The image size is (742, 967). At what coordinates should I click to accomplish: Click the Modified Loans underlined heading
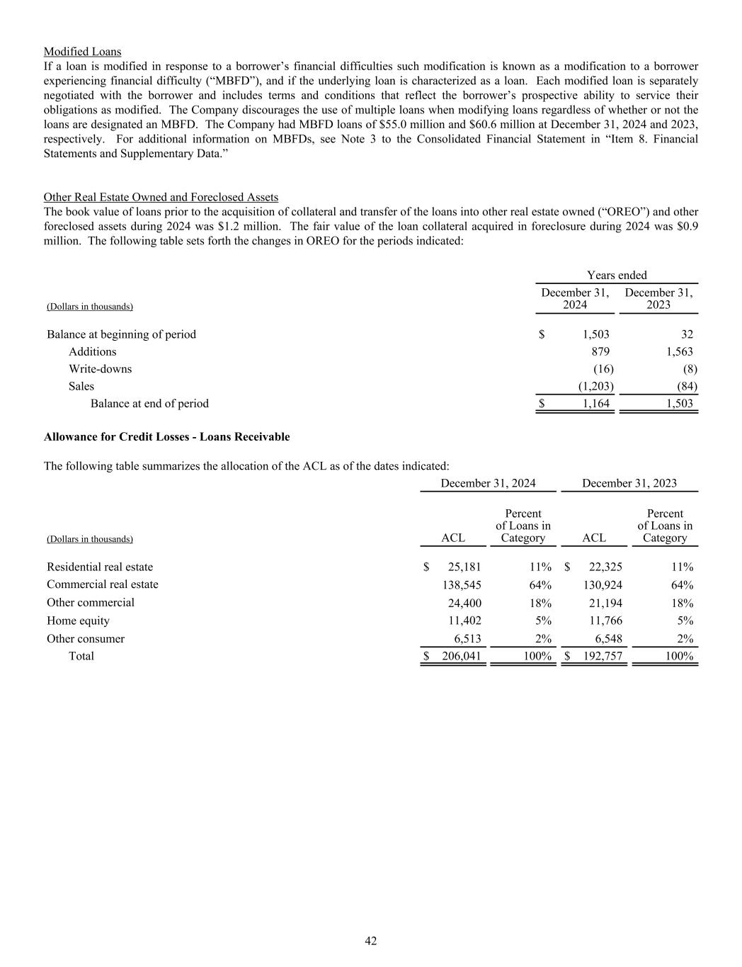(x=82, y=52)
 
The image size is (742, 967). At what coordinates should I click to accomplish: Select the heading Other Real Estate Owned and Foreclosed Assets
(x=161, y=197)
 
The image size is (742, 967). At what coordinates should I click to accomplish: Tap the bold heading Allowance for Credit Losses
(x=166, y=437)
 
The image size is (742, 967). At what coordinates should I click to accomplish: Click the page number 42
(x=371, y=941)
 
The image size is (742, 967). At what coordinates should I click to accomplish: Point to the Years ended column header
(x=617, y=276)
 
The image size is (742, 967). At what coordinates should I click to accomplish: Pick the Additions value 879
(x=600, y=352)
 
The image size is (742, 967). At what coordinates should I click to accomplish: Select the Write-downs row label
(x=100, y=369)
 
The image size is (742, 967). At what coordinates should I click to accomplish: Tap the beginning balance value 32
(x=686, y=334)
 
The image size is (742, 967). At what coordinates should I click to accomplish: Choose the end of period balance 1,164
(x=595, y=404)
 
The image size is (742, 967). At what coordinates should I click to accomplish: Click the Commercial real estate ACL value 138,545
(x=461, y=585)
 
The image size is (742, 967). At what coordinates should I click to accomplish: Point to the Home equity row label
(x=78, y=621)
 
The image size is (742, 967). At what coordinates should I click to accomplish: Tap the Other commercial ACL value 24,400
(x=464, y=604)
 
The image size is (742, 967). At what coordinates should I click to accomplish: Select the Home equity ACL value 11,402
(x=464, y=621)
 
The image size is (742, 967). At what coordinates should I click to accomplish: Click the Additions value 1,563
(x=680, y=352)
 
